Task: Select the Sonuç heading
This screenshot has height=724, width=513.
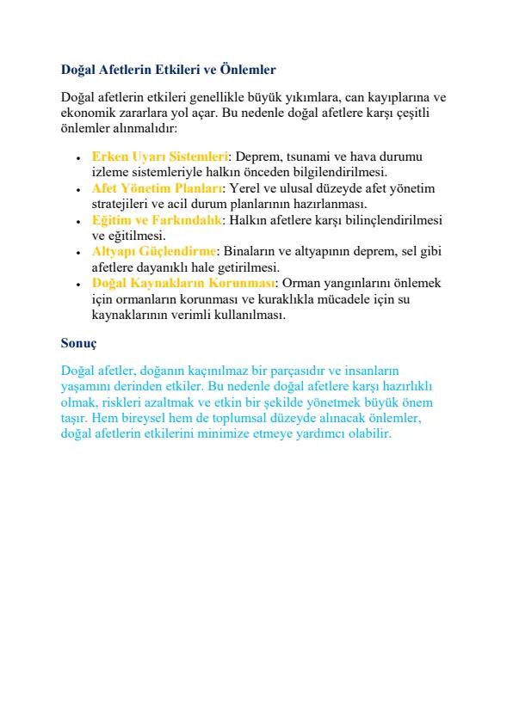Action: pos(79,342)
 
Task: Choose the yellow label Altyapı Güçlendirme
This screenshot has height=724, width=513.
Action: pos(153,252)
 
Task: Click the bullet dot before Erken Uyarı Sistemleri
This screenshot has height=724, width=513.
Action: pos(78,158)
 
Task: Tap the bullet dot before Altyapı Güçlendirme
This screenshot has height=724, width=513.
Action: pos(78,253)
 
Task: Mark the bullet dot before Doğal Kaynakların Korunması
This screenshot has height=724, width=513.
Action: pos(78,285)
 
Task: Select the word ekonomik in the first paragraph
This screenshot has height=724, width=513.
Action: pos(87,113)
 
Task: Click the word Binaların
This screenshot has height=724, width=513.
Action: pos(249,252)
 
